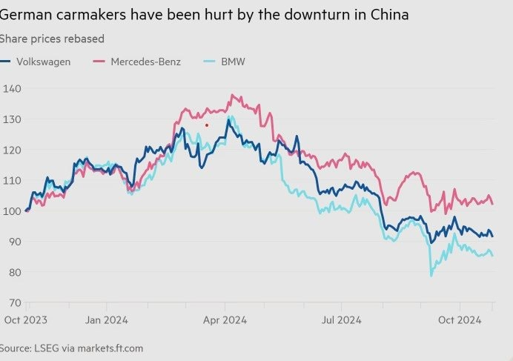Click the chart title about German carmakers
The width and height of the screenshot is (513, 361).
click(204, 14)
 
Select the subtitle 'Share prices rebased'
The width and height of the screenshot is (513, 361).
click(52, 39)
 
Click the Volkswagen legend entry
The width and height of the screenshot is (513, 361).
click(36, 62)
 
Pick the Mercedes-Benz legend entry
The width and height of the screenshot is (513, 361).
click(137, 62)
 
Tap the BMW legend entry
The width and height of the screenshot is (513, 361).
click(226, 62)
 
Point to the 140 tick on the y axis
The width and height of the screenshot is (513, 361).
click(11, 89)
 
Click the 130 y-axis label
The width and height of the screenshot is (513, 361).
click(11, 119)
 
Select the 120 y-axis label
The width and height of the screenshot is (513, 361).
click(11, 150)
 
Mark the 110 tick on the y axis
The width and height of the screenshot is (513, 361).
click(11, 181)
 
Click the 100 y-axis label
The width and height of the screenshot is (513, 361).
click(11, 211)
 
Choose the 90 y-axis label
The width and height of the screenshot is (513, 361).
click(13, 242)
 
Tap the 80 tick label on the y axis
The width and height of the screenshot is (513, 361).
click(13, 272)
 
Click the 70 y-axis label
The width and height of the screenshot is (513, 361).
click(13, 302)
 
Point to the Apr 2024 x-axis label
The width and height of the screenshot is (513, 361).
click(224, 320)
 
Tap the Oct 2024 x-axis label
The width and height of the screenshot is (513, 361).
click(460, 320)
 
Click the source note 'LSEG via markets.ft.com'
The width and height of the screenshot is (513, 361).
click(71, 348)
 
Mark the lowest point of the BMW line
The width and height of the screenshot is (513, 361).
click(431, 276)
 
